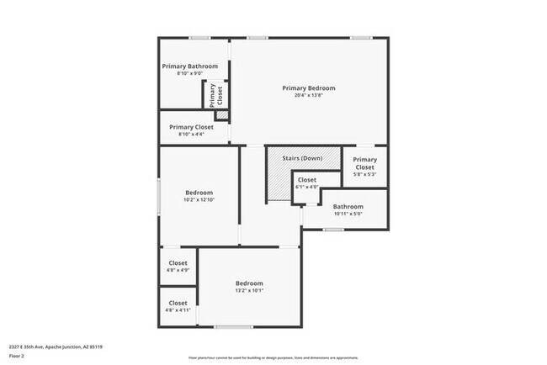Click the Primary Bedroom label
308,88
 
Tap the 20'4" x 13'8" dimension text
308,96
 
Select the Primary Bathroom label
190,66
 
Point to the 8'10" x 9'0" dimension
190,74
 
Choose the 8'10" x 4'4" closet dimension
190,135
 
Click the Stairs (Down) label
300,159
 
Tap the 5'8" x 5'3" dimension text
364,175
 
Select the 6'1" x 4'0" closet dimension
307,187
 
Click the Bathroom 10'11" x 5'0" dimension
348,214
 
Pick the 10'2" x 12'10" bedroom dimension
199,200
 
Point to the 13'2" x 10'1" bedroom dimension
249,291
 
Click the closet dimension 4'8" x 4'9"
178,270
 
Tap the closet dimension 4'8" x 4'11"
178,310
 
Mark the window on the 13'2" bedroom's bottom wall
233,326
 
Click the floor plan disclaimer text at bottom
273,358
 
